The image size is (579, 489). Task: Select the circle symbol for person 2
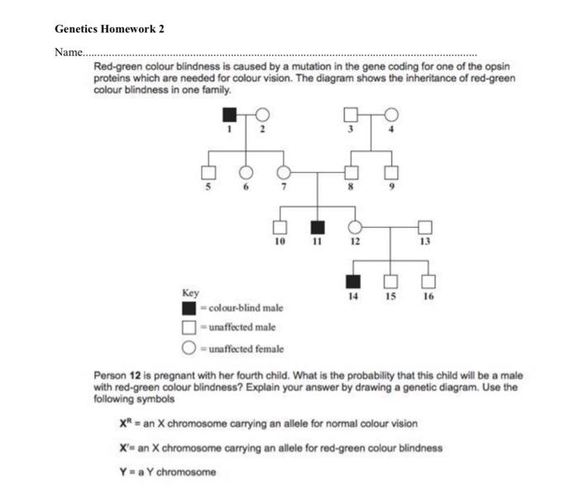coord(263,114)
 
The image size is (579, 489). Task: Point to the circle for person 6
coord(246,173)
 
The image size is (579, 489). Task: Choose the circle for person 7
coord(284,173)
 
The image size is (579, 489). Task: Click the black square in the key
coord(189,309)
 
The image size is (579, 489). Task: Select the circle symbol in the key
coord(189,348)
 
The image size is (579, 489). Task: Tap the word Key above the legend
coord(190,293)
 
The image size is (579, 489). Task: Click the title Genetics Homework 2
coord(109,29)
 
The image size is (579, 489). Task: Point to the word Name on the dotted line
coord(68,52)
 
